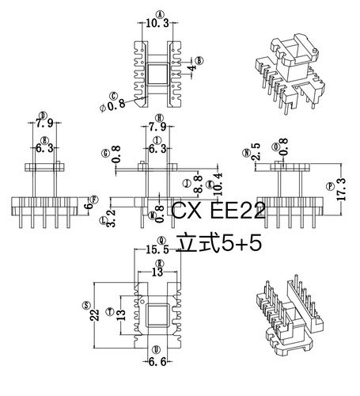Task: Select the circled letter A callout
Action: click(160, 13)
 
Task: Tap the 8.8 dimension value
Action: click(198, 181)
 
